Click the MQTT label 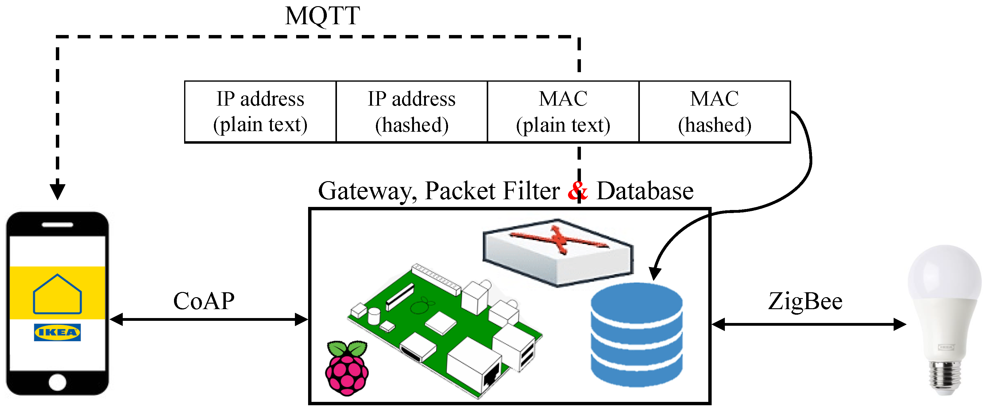(x=322, y=16)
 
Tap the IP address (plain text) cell (x=260, y=112)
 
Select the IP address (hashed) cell (x=412, y=112)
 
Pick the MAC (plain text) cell (x=563, y=112)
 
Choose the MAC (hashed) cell (x=714, y=112)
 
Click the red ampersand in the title (x=577, y=190)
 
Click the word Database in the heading (x=645, y=191)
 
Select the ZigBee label (x=805, y=302)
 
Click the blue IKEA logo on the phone (x=57, y=332)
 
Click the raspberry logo (x=347, y=368)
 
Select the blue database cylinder (x=636, y=335)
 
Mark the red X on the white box (x=559, y=239)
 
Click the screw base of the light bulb (x=945, y=377)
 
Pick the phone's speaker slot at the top (x=57, y=225)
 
